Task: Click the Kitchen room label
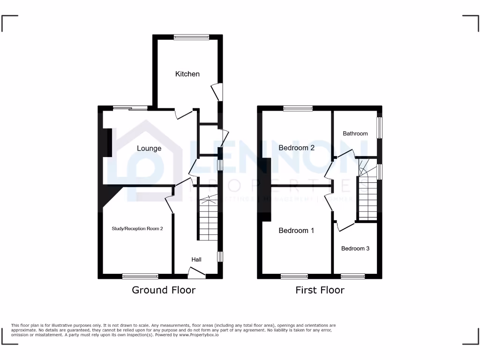point(187,74)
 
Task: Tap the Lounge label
point(149,149)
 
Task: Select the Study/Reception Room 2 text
point(137,229)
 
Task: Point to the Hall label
point(196,260)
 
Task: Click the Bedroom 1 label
point(296,231)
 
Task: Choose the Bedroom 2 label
point(296,148)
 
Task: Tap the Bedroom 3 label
point(355,248)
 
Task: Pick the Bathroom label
point(355,134)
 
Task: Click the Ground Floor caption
point(164,290)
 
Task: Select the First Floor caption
point(320,290)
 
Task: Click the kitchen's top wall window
point(191,37)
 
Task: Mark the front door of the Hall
point(197,272)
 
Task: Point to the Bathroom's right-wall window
point(380,127)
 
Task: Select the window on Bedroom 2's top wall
point(298,108)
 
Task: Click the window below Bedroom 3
point(352,276)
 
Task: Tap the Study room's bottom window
point(140,276)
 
